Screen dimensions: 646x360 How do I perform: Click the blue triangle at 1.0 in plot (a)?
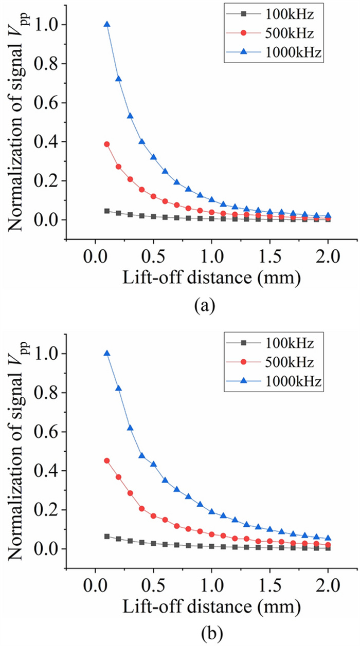click(212, 199)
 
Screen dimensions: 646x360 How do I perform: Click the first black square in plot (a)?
click(107, 211)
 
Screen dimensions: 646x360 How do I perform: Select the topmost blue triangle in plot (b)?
click(107, 353)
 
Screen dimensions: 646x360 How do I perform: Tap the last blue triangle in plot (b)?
click(329, 538)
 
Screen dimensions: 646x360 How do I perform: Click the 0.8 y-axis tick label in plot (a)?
click(49, 64)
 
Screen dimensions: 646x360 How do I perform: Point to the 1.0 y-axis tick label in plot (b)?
click(49, 354)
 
